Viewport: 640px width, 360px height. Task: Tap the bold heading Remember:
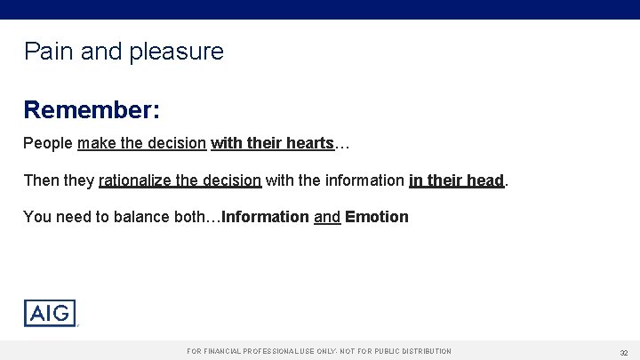92,110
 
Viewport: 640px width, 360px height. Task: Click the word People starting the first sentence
48,143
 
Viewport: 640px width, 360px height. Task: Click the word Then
41,180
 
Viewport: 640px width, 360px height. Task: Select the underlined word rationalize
135,180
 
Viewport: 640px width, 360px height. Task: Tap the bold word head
485,180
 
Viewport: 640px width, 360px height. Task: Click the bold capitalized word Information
266,217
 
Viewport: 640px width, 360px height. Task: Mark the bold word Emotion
377,217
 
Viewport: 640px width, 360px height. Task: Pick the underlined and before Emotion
327,217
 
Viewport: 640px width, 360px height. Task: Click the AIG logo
50,314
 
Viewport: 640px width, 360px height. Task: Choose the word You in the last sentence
36,217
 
